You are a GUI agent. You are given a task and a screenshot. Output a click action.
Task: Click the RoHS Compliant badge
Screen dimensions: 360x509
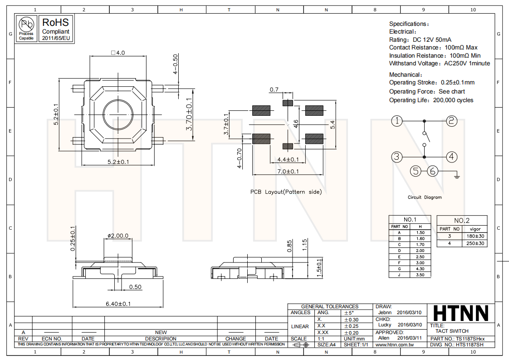[x=56, y=29]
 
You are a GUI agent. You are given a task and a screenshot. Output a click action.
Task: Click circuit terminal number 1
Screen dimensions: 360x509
[x=397, y=121]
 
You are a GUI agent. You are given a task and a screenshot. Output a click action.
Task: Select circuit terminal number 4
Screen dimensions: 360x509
[x=451, y=157]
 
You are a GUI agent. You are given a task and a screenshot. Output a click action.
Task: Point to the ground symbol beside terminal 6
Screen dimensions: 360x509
[x=457, y=175]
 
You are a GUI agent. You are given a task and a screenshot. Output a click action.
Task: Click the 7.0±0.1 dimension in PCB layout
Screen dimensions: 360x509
[x=288, y=171]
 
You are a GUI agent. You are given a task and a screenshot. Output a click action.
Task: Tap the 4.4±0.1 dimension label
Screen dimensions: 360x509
[x=288, y=159]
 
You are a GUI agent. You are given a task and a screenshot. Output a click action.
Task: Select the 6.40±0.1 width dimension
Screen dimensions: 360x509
[x=118, y=304]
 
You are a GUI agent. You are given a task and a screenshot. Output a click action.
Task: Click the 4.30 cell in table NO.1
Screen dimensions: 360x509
[x=420, y=269]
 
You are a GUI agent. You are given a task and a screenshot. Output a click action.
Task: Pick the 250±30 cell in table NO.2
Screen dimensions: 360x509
[x=475, y=243]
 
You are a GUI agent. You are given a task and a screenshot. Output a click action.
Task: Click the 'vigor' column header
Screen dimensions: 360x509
[x=475, y=229]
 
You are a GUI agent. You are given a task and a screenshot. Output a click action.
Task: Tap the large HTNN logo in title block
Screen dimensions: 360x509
[x=461, y=313]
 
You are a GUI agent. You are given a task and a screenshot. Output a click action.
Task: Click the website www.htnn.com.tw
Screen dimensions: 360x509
[x=393, y=345]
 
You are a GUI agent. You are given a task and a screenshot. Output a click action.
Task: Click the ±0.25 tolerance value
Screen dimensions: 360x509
[x=351, y=326]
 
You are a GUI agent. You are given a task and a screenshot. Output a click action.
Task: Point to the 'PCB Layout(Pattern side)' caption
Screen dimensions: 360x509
[x=286, y=192]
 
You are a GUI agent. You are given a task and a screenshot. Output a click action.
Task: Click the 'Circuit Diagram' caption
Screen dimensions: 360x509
[x=424, y=197]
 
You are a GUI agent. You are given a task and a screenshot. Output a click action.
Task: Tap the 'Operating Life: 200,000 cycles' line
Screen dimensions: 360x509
[x=431, y=100]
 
